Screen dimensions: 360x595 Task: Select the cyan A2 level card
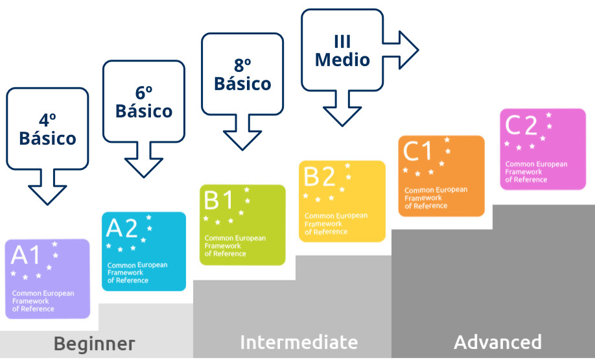click(x=144, y=251)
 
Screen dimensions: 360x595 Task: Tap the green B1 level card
click(x=242, y=224)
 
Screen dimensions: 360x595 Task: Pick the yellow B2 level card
click(x=342, y=201)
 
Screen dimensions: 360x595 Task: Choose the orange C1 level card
click(x=441, y=176)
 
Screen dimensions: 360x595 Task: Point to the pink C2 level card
click(x=543, y=149)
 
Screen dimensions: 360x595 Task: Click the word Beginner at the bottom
click(x=95, y=343)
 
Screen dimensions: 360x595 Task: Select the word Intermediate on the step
click(x=299, y=342)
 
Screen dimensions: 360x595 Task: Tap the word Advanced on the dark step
click(x=498, y=342)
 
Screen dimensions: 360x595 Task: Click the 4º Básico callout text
click(x=47, y=129)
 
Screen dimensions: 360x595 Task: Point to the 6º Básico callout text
click(x=144, y=102)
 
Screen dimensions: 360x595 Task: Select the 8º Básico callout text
click(x=242, y=75)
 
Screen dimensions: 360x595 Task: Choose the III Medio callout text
click(x=342, y=51)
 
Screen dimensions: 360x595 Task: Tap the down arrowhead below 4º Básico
click(x=48, y=193)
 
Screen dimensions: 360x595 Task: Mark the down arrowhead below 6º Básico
click(x=144, y=166)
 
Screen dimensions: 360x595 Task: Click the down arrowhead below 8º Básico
click(x=242, y=139)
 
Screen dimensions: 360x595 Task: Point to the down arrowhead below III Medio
click(x=342, y=115)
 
